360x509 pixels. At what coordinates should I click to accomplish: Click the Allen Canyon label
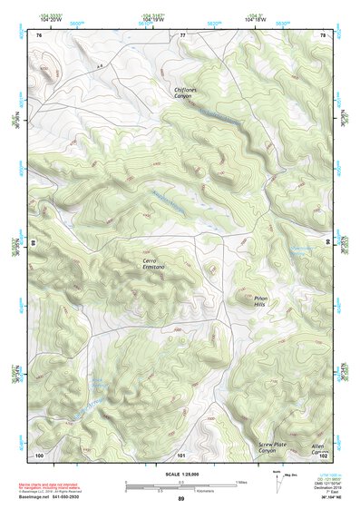pos(317,448)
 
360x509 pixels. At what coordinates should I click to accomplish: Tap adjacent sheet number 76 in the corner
pos(39,35)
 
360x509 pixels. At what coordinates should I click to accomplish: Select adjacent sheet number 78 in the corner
pos(322,35)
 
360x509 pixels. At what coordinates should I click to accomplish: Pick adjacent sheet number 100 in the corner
pos(39,454)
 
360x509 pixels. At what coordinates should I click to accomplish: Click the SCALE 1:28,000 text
pos(180,475)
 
